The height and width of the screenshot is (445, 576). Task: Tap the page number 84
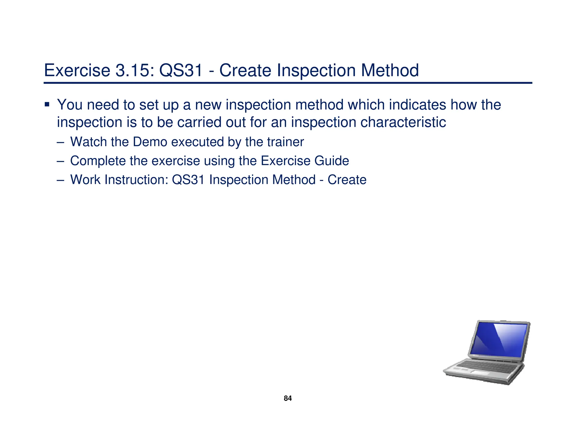click(x=288, y=398)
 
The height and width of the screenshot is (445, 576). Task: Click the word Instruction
click(x=136, y=180)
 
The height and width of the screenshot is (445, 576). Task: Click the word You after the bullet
click(x=69, y=105)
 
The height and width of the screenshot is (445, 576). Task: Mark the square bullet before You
click(x=47, y=105)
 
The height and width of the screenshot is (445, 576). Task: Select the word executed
click(x=197, y=142)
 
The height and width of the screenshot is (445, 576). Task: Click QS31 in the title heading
click(x=181, y=70)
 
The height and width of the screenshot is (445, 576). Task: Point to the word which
click(x=366, y=105)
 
